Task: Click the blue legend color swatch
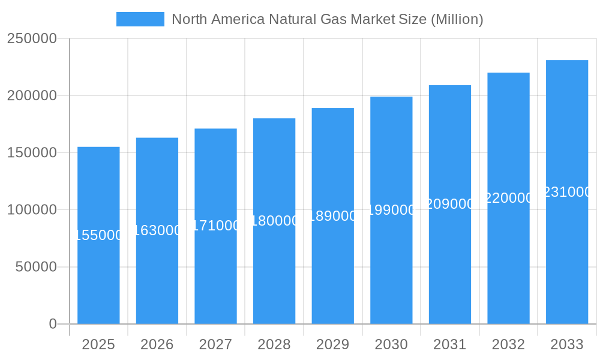[x=140, y=19]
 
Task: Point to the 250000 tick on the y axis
[x=32, y=39]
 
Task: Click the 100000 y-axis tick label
[x=32, y=210]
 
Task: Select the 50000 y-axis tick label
[x=36, y=267]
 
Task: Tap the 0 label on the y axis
[x=53, y=324]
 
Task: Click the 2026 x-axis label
[x=157, y=344]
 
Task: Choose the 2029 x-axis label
[x=332, y=344]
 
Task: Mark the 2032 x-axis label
[x=508, y=344]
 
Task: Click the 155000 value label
[x=98, y=235]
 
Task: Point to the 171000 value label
[x=215, y=226]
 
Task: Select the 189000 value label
[x=332, y=216]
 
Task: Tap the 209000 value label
[x=450, y=204]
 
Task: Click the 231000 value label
[x=567, y=192]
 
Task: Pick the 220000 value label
[x=508, y=198]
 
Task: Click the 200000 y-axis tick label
[x=32, y=96]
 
